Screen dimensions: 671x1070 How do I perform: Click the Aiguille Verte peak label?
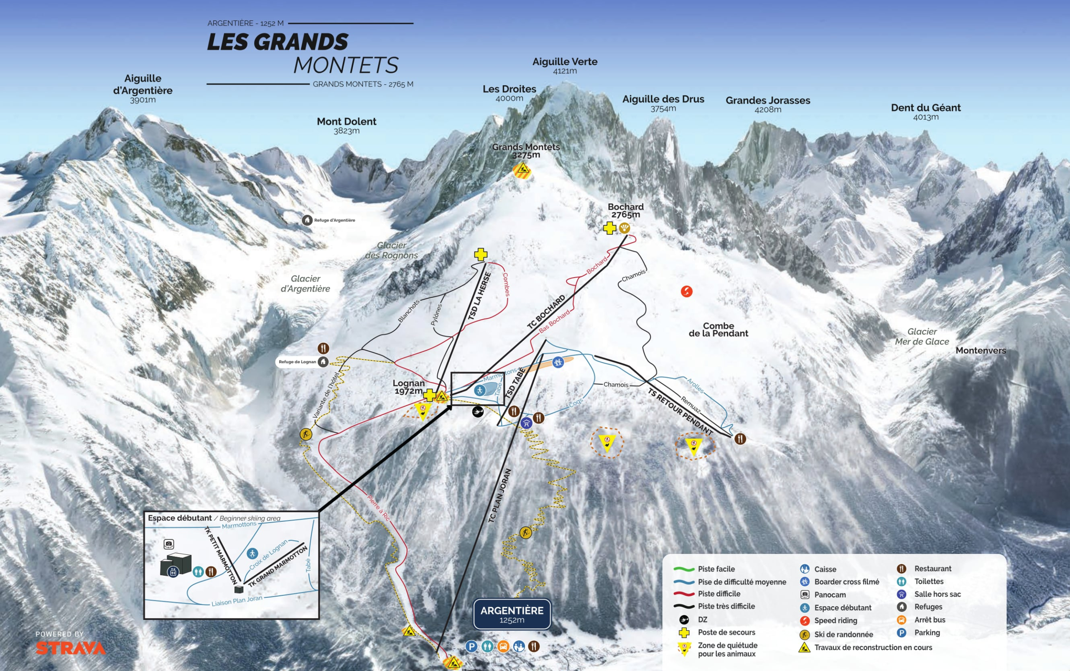(x=565, y=65)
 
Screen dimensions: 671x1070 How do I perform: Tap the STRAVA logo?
(x=71, y=648)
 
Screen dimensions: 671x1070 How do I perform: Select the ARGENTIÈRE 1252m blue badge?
(x=512, y=614)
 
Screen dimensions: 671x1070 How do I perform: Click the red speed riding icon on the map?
(x=686, y=291)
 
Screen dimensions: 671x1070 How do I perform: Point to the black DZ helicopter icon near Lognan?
(x=478, y=412)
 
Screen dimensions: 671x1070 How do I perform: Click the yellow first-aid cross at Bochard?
(x=609, y=228)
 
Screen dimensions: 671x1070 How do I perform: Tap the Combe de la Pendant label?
(x=718, y=330)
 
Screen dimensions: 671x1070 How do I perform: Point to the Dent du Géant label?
(x=925, y=111)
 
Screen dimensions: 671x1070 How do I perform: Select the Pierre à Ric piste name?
(x=378, y=508)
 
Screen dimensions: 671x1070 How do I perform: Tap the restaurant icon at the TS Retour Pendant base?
(x=739, y=439)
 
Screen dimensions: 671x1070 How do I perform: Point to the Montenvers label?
(x=981, y=351)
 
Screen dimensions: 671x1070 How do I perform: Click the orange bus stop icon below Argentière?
(x=503, y=646)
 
